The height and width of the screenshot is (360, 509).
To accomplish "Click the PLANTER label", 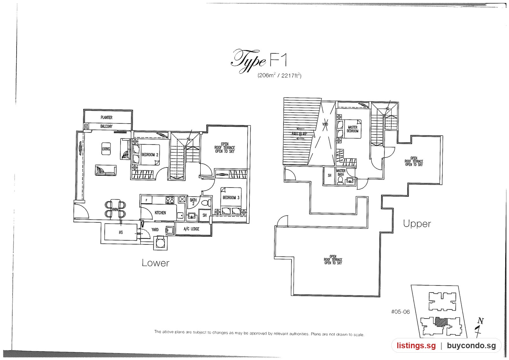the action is pyautogui.click(x=106, y=117).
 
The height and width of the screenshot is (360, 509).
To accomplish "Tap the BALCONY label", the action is pyautogui.click(x=106, y=126).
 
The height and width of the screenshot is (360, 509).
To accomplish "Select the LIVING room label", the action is pyautogui.click(x=106, y=149).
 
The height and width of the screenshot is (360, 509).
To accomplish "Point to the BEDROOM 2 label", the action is pyautogui.click(x=150, y=155).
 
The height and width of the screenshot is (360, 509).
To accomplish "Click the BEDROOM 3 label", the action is pyautogui.click(x=231, y=198).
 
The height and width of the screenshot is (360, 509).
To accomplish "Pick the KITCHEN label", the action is pyautogui.click(x=160, y=213).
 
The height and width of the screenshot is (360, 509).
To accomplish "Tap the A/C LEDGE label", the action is pyautogui.click(x=191, y=229).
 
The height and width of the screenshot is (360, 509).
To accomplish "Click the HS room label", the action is pyautogui.click(x=121, y=232).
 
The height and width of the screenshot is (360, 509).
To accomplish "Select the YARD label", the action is pyautogui.click(x=155, y=229).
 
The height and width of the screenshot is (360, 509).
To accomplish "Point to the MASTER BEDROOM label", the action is pyautogui.click(x=352, y=129).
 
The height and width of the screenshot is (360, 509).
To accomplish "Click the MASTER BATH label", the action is pyautogui.click(x=341, y=173).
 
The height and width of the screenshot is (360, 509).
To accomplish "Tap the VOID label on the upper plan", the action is pyautogui.click(x=325, y=124).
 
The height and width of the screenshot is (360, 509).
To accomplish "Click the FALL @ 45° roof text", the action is pyautogui.click(x=299, y=134).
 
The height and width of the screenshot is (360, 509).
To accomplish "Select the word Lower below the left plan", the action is pyautogui.click(x=156, y=263).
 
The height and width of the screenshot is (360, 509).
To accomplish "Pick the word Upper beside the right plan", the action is pyautogui.click(x=417, y=224).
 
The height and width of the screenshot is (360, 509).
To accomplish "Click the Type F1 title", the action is pyautogui.click(x=259, y=61).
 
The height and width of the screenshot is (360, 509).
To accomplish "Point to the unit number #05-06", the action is pyautogui.click(x=401, y=312).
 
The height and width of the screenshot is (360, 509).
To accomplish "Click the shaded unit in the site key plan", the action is pyautogui.click(x=441, y=322).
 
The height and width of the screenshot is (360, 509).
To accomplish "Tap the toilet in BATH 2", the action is pyautogui.click(x=206, y=202).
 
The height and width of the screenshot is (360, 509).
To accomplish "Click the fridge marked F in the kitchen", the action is pyautogui.click(x=147, y=200).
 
